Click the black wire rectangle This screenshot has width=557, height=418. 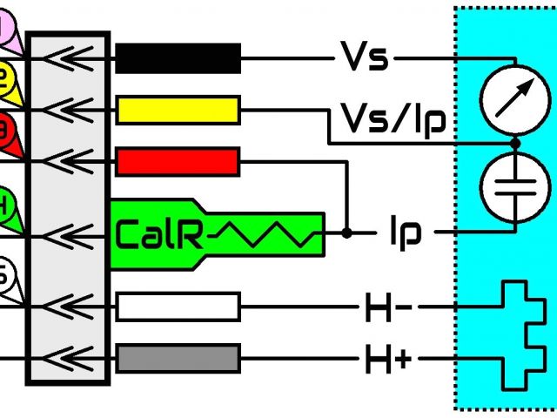[178, 57]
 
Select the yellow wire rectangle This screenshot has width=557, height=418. [178, 111]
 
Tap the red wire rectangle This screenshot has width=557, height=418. [178, 161]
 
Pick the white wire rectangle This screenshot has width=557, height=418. [178, 307]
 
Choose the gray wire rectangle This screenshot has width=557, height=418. [178, 358]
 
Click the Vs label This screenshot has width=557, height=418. [364, 59]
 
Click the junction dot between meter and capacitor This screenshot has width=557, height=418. [514, 142]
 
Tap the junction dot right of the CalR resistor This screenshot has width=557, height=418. [346, 233]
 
